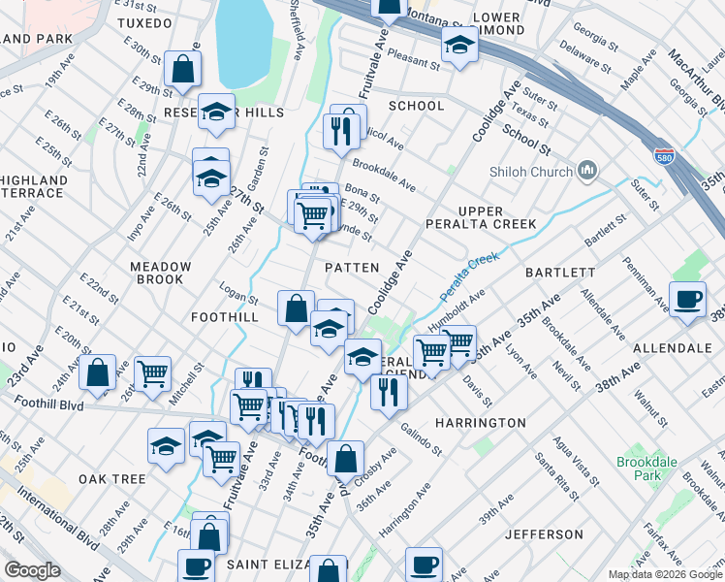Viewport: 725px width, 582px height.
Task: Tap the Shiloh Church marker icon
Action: coord(586,172)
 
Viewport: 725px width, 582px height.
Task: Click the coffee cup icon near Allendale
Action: coord(688,299)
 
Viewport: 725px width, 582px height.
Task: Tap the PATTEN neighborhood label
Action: coord(351,267)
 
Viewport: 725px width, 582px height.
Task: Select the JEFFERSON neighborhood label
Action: coord(544,534)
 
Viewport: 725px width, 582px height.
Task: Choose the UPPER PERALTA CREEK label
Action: coord(482,217)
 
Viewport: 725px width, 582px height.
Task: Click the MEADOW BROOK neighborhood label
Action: coord(160,273)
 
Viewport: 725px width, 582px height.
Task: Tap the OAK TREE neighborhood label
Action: coord(112,479)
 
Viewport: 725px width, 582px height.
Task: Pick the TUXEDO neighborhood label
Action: coord(144,22)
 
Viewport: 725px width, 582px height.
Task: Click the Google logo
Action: coord(32,570)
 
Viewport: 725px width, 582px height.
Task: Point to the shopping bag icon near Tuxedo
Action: coord(182,69)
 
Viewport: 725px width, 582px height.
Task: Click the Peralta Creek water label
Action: coord(469,276)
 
